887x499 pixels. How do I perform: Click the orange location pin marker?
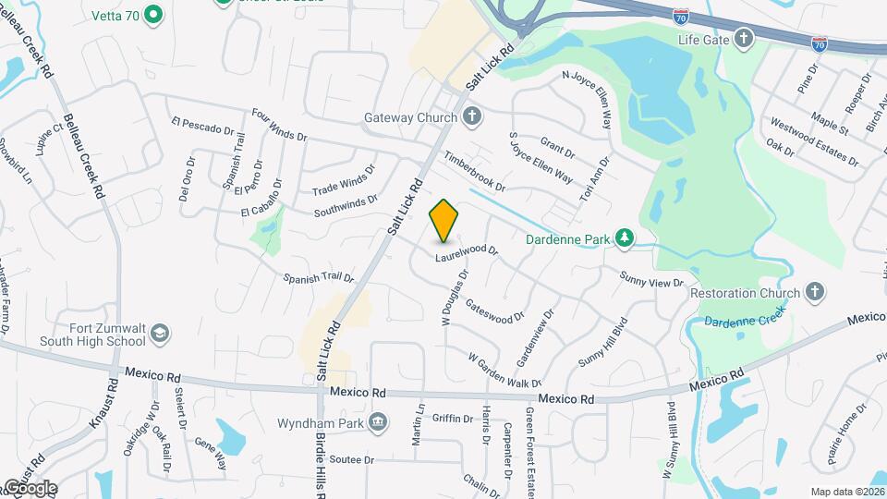[443, 220]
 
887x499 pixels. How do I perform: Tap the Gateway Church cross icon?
[473, 117]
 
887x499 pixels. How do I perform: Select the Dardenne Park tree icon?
[626, 239]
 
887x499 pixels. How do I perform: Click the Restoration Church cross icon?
[814, 293]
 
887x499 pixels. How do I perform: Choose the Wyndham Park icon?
[378, 423]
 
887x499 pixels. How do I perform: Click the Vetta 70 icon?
[154, 15]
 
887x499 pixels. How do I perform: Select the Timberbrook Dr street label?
[474, 172]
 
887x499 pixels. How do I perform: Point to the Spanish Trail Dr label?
[319, 276]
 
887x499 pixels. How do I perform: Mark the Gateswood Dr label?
[495, 310]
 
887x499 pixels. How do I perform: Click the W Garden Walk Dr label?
[504, 370]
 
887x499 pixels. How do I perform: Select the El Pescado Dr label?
[203, 125]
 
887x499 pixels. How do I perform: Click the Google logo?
[30, 487]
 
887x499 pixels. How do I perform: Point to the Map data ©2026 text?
[845, 492]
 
